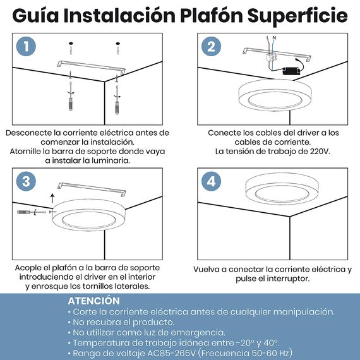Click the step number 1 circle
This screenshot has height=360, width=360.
[26, 46]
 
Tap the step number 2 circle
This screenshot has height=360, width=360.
[211, 46]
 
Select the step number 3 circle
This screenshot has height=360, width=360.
[26, 181]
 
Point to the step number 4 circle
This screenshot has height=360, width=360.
[211, 181]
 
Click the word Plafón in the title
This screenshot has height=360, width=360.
[212, 15]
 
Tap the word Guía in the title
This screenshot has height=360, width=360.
[35, 15]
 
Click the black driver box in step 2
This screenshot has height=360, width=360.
[291, 71]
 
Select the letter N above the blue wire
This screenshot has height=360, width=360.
[274, 38]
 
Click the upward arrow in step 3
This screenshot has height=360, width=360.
[52, 198]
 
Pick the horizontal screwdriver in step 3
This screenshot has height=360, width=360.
[32, 212]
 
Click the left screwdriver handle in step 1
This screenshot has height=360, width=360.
[71, 104]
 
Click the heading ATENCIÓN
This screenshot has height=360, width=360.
[93, 301]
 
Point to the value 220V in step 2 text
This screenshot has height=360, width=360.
[320, 152]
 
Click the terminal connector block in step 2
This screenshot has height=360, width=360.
[271, 57]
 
